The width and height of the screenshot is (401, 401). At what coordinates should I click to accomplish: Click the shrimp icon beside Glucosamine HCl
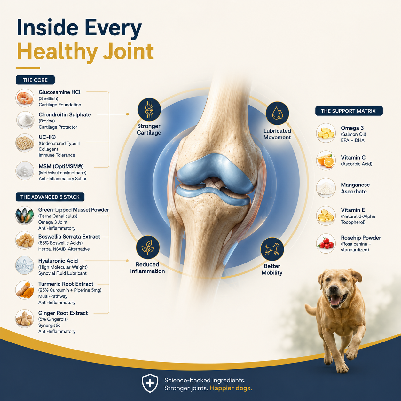click(x=25, y=98)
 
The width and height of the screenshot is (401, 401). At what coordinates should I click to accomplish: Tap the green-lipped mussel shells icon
click(x=25, y=216)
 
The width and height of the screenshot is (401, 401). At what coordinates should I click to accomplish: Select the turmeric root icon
click(x=25, y=290)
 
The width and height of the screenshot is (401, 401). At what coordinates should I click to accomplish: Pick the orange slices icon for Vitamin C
click(x=326, y=161)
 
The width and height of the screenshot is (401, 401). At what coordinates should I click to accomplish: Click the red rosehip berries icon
click(x=326, y=243)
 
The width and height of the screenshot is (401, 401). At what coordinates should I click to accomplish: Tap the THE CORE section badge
click(x=35, y=80)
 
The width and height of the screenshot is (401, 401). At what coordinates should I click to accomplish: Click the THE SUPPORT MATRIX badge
click(x=349, y=111)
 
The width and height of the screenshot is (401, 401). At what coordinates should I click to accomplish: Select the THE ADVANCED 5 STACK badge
click(x=50, y=197)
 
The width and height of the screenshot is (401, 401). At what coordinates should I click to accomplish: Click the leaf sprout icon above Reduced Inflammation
click(x=148, y=248)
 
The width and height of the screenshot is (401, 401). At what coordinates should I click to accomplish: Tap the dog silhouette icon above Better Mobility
click(x=272, y=249)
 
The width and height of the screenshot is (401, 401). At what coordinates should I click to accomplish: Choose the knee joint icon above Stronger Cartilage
click(x=149, y=110)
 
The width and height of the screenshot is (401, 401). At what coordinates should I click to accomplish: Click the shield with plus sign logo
click(x=150, y=383)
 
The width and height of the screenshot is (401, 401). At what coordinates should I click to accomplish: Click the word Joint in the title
click(x=128, y=51)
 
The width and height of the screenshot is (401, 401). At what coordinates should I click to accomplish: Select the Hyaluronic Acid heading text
click(x=58, y=261)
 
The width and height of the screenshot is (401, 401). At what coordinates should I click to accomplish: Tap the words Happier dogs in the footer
click(x=231, y=388)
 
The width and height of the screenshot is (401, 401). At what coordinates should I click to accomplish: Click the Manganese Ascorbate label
click(x=355, y=188)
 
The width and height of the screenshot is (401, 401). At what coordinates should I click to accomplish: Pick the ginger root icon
click(x=25, y=318)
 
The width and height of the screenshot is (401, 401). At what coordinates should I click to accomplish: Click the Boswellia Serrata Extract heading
click(x=69, y=237)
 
